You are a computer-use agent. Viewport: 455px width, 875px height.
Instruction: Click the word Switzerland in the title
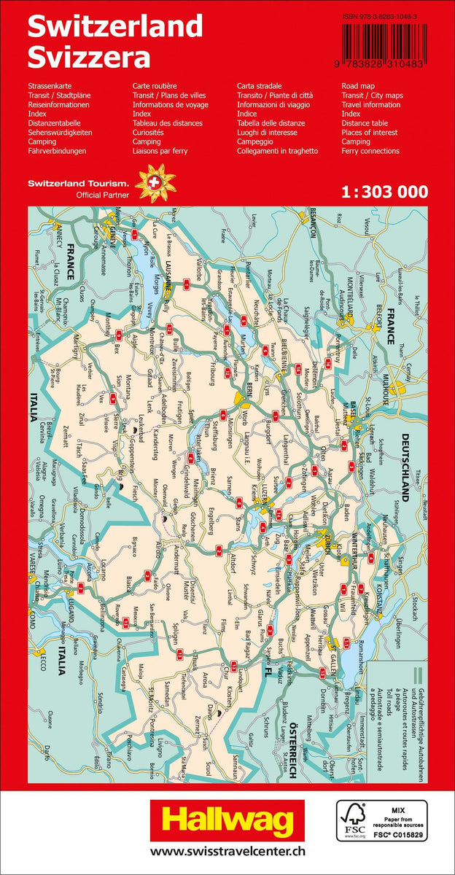pyautogui.click(x=114, y=26)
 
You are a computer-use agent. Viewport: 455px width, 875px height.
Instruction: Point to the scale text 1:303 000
pyautogui.click(x=384, y=192)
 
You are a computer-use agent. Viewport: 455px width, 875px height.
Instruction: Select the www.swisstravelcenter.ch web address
pyautogui.click(x=227, y=851)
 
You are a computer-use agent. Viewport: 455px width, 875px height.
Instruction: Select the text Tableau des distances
pyautogui.click(x=168, y=123)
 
